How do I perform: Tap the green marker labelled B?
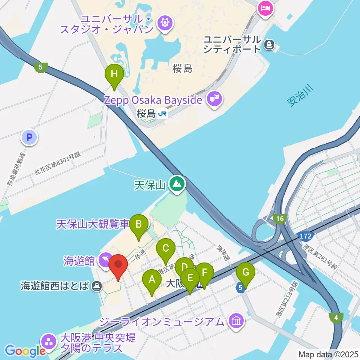(x=139, y=225)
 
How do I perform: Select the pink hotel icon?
(x=265, y=8)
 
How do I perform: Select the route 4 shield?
(x=336, y=318)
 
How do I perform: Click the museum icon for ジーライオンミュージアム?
(x=236, y=321)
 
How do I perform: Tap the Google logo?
(x=25, y=351)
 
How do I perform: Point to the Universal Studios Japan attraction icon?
(x=164, y=22)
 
